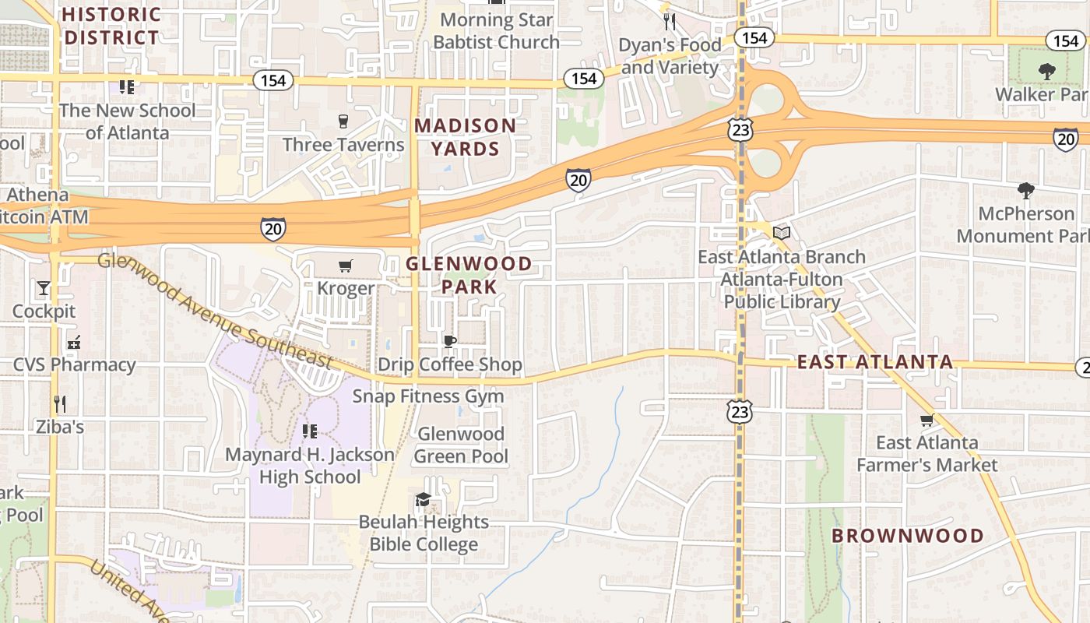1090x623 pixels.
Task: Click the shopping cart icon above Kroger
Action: click(346, 266)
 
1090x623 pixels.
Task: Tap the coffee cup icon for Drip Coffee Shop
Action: click(449, 341)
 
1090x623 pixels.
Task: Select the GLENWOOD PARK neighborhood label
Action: click(469, 276)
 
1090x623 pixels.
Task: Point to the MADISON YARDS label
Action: click(465, 137)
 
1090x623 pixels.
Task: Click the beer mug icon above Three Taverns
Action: click(343, 121)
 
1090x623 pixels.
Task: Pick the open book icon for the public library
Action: click(782, 233)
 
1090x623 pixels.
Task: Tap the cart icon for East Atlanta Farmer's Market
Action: click(926, 421)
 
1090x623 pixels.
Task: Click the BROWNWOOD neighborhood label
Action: click(908, 536)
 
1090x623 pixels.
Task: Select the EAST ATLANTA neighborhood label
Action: click(874, 362)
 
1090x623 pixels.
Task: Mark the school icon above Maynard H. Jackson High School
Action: click(309, 431)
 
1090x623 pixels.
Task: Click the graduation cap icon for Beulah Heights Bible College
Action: click(423, 499)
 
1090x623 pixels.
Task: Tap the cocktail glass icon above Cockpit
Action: click(44, 288)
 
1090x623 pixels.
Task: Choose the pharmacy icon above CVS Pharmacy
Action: click(74, 342)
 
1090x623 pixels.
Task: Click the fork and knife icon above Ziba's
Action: click(59, 403)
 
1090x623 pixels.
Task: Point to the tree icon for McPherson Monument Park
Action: click(1025, 190)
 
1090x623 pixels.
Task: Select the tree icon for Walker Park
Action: click(1046, 72)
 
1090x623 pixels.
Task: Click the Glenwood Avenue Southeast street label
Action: click(214, 310)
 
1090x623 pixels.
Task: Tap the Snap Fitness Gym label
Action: click(428, 396)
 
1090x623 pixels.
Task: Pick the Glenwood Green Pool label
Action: click(462, 445)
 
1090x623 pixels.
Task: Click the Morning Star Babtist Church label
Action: click(496, 31)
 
